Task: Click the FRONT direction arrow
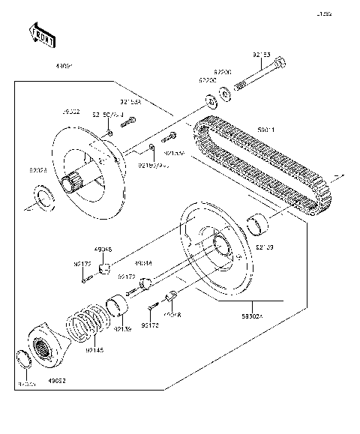(41, 35)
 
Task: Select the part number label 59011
(266, 130)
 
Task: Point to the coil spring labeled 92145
(90, 326)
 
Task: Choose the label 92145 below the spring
(94, 350)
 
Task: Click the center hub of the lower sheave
(223, 247)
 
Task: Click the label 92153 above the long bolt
(261, 55)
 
